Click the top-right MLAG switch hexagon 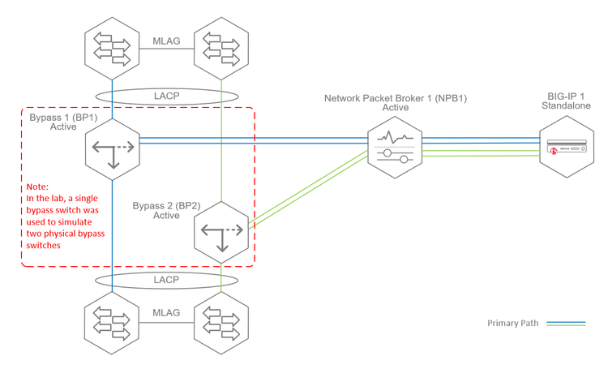(x=222, y=49)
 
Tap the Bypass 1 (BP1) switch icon (x=113, y=147)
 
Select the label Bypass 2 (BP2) (x=167, y=206)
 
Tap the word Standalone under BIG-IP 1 (x=565, y=106)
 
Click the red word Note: (x=38, y=186)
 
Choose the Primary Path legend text (x=513, y=323)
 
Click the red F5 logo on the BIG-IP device (x=553, y=152)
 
